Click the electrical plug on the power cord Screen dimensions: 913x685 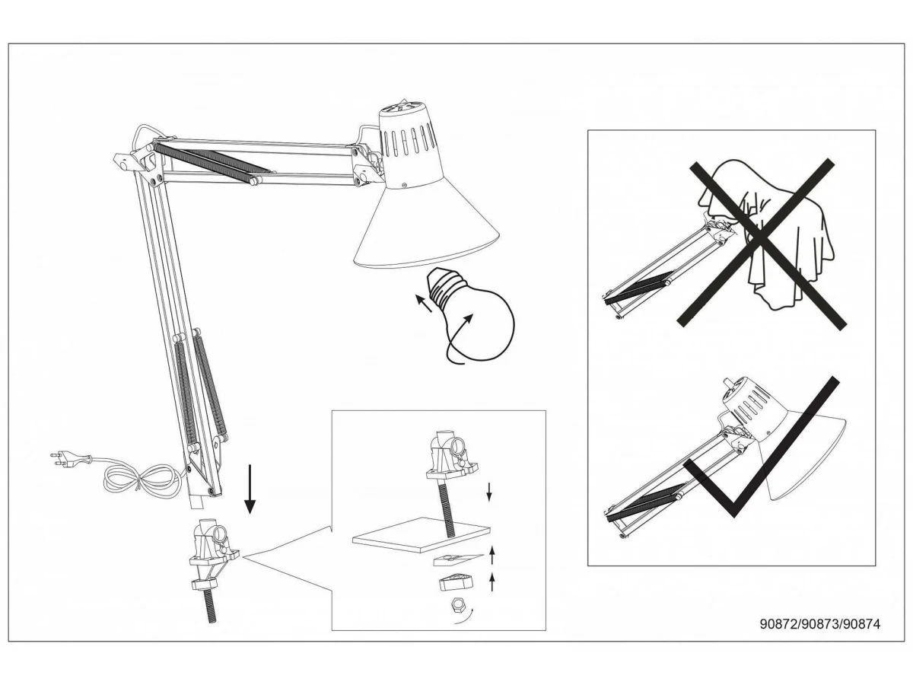pyautogui.click(x=70, y=459)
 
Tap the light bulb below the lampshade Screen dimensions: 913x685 pyautogui.click(x=471, y=315)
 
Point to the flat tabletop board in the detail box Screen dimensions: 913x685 pyautogui.click(x=421, y=535)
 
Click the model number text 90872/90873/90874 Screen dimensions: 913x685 pyautogui.click(x=820, y=636)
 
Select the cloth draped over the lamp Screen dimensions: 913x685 pyautogui.click(x=769, y=233)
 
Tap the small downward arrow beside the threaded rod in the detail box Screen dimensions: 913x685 pyautogui.click(x=489, y=492)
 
